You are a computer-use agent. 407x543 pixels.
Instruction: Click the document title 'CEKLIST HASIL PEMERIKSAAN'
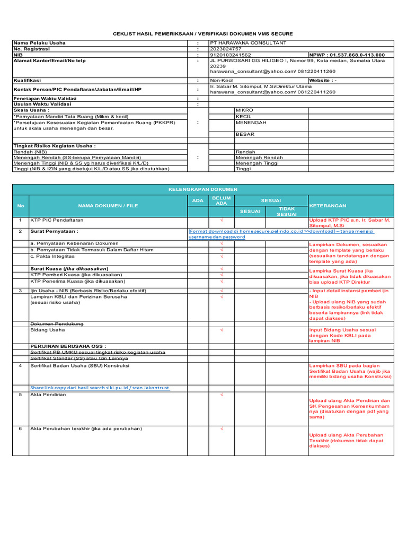(203, 33)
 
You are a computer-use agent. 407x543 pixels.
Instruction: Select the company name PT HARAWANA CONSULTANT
(248, 43)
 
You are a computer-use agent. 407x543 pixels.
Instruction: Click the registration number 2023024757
(226, 49)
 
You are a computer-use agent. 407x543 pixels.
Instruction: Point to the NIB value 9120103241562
(231, 55)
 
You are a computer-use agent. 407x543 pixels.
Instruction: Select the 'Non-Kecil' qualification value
(222, 81)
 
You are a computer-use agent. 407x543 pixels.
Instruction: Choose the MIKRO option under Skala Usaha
(244, 110)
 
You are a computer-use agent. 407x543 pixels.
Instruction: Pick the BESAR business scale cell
(245, 134)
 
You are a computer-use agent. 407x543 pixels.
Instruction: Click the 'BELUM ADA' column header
(222, 200)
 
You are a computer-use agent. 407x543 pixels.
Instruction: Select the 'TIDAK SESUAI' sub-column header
(287, 212)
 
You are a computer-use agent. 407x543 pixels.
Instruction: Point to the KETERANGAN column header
(328, 206)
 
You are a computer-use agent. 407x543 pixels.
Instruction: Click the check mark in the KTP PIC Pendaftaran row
(222, 220)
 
